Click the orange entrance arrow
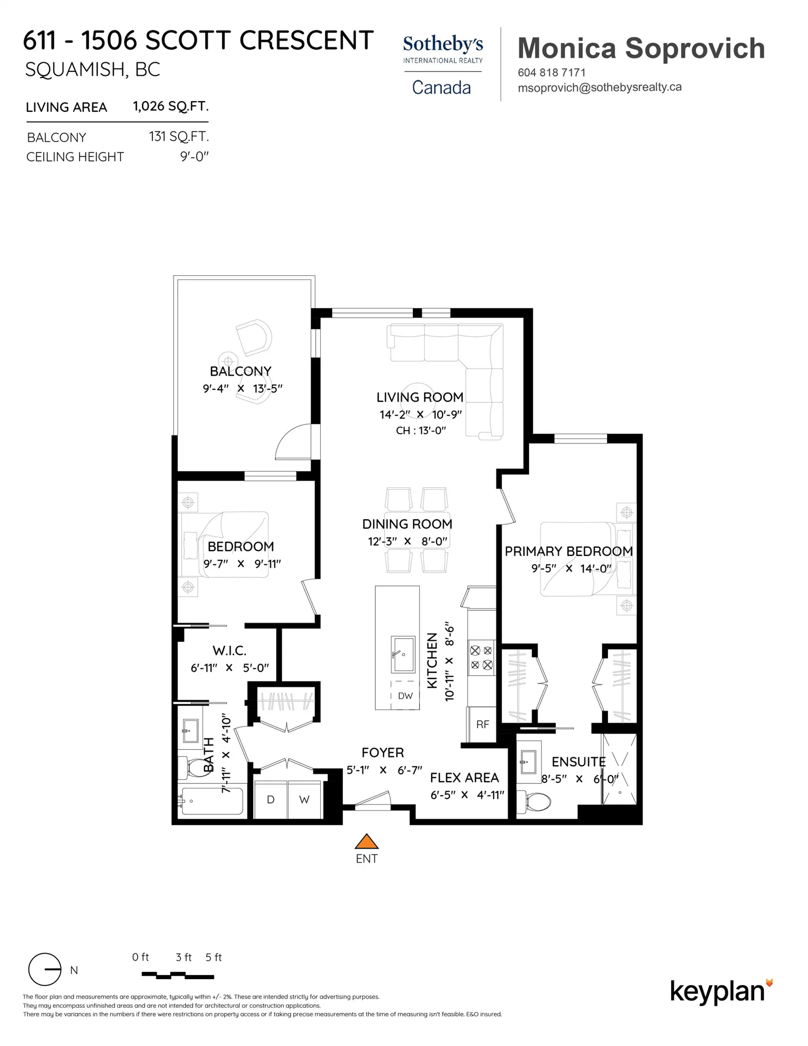(x=367, y=841)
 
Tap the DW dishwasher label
(x=405, y=696)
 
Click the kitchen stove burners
(x=481, y=657)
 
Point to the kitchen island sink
(x=403, y=654)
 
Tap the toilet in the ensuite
(x=535, y=801)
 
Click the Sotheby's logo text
(x=443, y=44)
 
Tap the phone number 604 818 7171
(x=551, y=73)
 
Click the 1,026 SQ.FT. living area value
(x=170, y=106)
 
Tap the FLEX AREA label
(x=464, y=778)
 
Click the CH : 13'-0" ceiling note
(x=420, y=431)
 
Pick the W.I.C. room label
(x=229, y=650)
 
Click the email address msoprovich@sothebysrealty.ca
(x=599, y=88)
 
